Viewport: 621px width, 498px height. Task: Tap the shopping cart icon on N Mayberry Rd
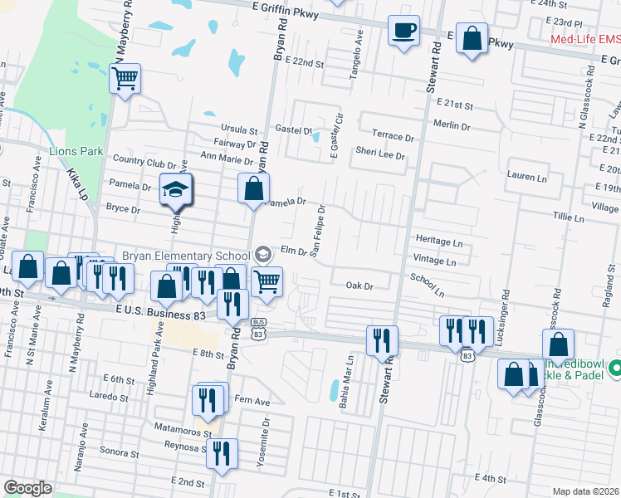click(x=125, y=80)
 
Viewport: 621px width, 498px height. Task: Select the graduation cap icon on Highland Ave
click(x=176, y=190)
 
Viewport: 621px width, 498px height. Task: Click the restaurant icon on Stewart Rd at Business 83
click(x=382, y=339)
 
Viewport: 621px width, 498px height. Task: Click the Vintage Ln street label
click(x=434, y=261)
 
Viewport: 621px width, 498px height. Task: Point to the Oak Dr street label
click(x=360, y=286)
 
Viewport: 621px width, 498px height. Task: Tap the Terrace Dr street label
click(x=392, y=136)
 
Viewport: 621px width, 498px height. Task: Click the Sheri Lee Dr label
click(x=379, y=155)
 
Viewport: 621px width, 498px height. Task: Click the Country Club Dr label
click(x=144, y=160)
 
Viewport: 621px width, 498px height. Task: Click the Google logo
click(x=27, y=488)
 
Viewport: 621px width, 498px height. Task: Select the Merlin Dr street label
click(x=452, y=124)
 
